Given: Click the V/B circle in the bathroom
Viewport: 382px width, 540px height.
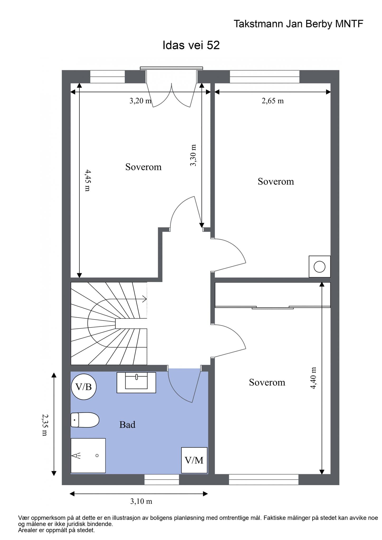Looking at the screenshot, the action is pos(84,387).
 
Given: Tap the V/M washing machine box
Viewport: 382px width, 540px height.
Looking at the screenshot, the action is pos(194,460).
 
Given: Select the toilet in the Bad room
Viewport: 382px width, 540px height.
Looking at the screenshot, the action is pos(85,420).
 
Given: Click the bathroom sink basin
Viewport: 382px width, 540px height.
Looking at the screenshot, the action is pos(136,382).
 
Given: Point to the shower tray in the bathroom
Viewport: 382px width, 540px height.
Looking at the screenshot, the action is pos(88,456).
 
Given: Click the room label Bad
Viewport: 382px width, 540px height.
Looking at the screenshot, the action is pos(127,425).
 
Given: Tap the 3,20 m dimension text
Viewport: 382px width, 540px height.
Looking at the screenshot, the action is pos(140,101).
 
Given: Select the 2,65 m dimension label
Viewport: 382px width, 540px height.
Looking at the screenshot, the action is pos(273,101).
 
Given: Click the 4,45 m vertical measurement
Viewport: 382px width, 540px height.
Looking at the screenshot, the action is pos(88,180).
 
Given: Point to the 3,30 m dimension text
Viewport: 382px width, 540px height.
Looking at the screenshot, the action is pos(193,155).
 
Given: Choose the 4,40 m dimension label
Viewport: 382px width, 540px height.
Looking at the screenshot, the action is pos(313,378).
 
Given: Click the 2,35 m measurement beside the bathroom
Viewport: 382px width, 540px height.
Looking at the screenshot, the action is pos(45,425).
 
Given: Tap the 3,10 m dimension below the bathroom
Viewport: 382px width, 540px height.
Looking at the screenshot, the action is pos(141,501).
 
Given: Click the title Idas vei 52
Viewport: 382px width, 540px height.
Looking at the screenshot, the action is pos(191,45).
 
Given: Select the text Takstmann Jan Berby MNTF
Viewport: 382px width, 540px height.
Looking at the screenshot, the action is pos(298,24).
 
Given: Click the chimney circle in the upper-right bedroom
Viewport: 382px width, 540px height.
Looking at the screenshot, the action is pos(319,267).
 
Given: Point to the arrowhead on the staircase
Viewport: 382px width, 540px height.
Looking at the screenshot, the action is pos(145,299).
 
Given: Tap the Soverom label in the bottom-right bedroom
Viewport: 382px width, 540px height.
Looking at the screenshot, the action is pos(267,382).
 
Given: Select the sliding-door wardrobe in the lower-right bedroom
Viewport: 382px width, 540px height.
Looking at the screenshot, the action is pos(273,295).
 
